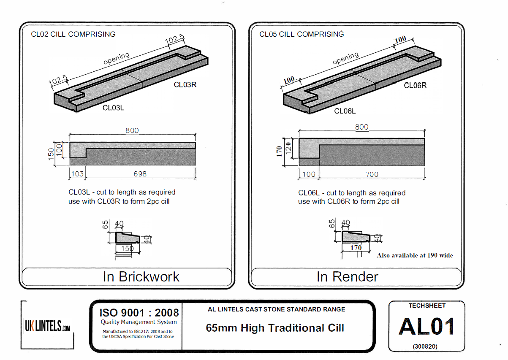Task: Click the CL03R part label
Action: click(185, 85)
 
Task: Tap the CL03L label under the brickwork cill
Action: click(114, 108)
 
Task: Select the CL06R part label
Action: click(415, 86)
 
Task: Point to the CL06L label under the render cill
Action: click(345, 111)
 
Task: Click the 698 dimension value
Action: click(140, 174)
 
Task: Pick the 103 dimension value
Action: click(77, 174)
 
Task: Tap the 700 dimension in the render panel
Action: click(372, 174)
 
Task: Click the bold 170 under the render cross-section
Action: click(356, 248)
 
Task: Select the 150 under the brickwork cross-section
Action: click(127, 249)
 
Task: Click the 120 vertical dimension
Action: click(288, 148)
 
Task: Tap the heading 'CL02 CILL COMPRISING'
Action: click(73, 34)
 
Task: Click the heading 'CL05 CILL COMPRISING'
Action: click(302, 34)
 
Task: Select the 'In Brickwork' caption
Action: click(141, 277)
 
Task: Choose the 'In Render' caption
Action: click(348, 277)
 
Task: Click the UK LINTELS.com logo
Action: click(47, 326)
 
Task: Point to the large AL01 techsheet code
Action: click(427, 327)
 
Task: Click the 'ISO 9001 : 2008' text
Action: click(139, 313)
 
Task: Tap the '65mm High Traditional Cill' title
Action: click(275, 328)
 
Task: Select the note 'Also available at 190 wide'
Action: click(415, 255)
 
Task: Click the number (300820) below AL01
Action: click(425, 346)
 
